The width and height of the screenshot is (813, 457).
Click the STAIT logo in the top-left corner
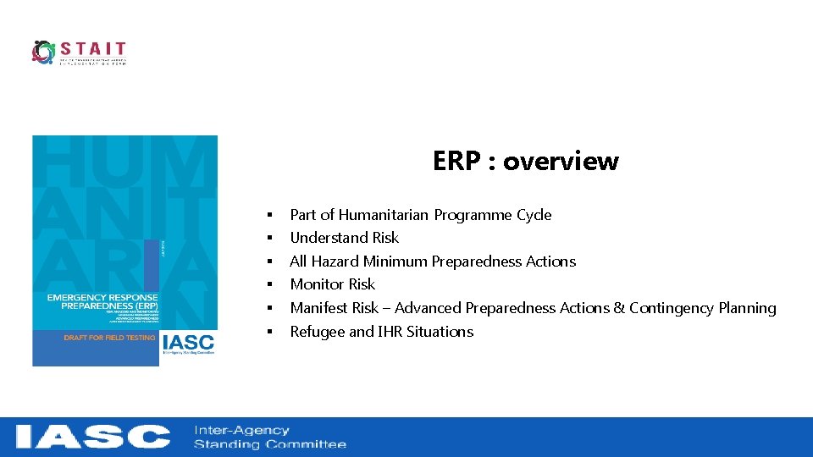click(79, 52)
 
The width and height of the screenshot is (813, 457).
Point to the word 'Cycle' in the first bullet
click(533, 215)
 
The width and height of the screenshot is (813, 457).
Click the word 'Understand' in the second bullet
click(325, 238)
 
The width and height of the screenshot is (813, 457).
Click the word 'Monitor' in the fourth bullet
click(316, 284)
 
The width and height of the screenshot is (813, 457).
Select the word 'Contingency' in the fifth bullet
click(669, 308)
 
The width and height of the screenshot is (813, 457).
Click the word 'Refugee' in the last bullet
click(317, 332)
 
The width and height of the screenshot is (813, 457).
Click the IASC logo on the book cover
click(188, 344)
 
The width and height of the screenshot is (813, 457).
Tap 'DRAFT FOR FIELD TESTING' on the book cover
click(109, 338)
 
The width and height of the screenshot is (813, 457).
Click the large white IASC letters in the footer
click(93, 437)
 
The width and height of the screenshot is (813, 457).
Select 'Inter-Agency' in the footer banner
click(241, 430)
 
